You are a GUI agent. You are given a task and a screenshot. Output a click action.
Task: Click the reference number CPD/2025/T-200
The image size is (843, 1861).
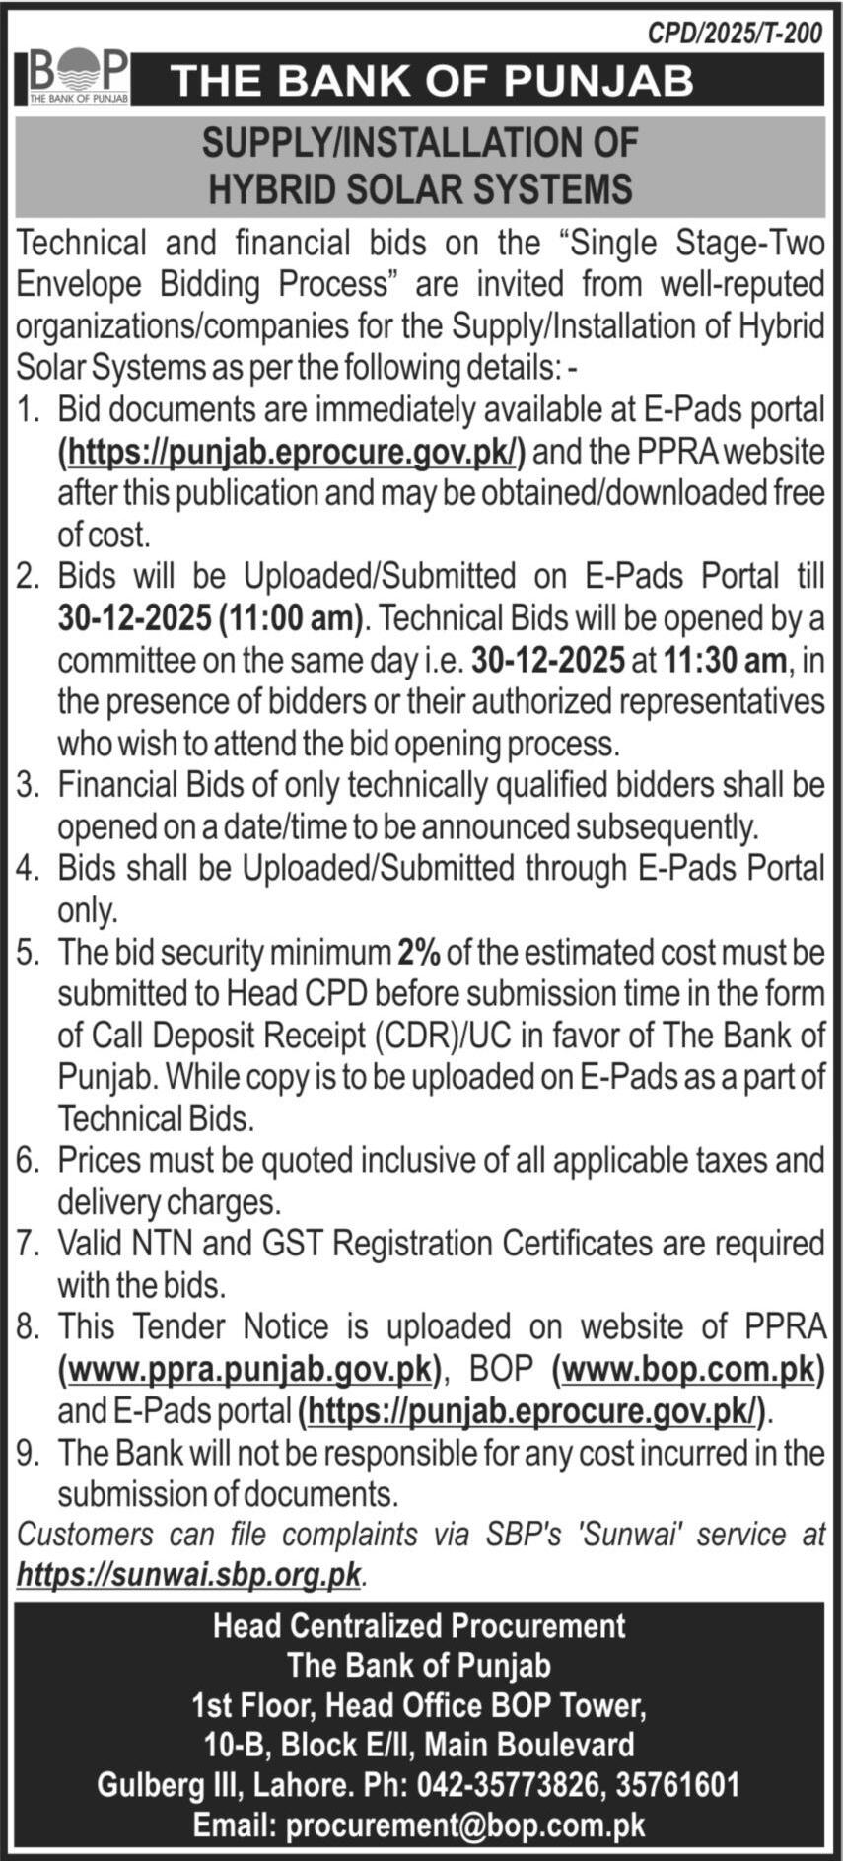(x=734, y=34)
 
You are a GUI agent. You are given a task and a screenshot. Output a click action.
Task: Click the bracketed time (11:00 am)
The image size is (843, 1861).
(x=291, y=618)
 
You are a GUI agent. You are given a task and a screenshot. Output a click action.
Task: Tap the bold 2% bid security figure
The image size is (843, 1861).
(x=419, y=953)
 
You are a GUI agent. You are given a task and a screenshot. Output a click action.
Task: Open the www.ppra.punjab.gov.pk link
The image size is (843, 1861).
(x=249, y=1369)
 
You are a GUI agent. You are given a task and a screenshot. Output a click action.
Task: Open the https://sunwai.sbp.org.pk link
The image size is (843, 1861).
(x=189, y=1575)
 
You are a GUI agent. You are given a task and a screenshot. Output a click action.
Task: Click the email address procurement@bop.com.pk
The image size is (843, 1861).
(x=465, y=1825)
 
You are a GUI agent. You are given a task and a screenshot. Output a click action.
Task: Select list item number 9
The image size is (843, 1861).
(x=27, y=1453)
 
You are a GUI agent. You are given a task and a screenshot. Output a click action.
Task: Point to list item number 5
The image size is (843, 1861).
(x=27, y=953)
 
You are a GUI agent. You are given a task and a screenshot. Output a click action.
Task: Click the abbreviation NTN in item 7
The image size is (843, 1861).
(x=161, y=1243)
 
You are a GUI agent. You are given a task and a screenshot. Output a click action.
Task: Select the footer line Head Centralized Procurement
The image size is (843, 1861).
(x=420, y=1625)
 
